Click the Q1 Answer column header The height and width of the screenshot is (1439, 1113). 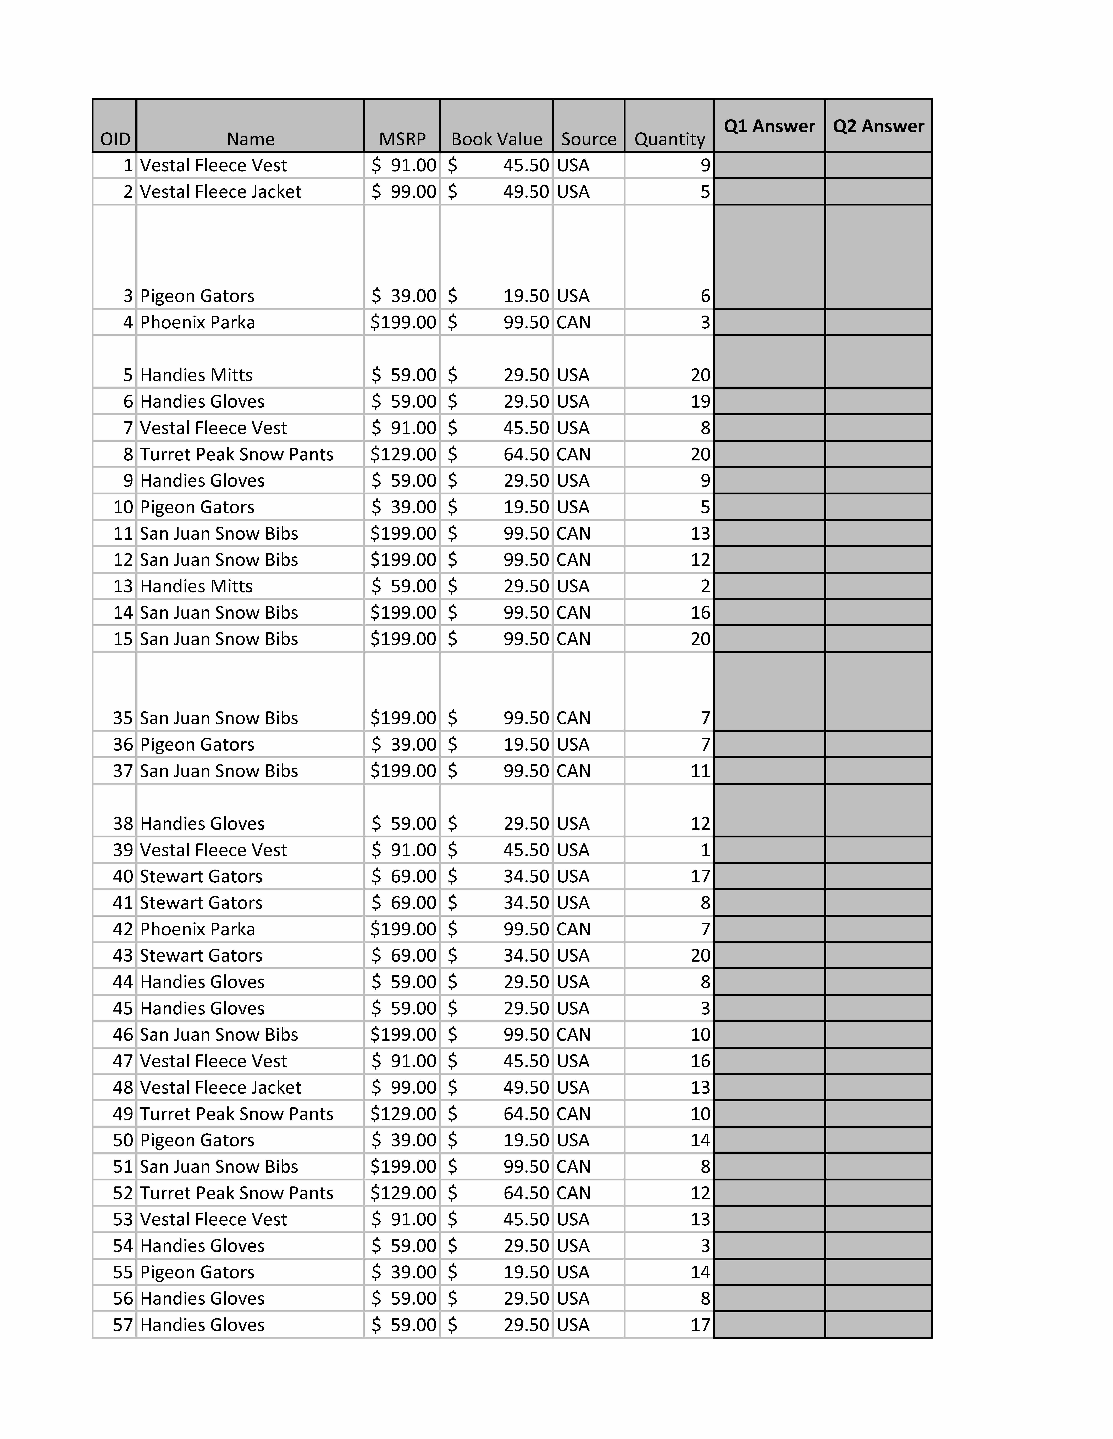(x=769, y=126)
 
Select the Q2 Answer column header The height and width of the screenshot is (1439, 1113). (x=878, y=126)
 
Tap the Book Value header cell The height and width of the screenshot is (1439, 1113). (x=496, y=139)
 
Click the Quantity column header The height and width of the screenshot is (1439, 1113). (x=669, y=139)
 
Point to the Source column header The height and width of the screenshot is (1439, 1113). (x=588, y=139)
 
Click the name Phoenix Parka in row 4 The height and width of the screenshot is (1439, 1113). (x=198, y=322)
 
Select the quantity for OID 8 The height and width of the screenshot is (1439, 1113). (x=700, y=454)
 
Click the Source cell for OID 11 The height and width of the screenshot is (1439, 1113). (x=574, y=533)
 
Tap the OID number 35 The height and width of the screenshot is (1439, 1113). (x=123, y=717)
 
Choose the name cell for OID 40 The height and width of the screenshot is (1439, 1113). (x=201, y=876)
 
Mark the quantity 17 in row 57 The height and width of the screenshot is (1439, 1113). (x=700, y=1324)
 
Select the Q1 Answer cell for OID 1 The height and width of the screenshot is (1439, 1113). (x=769, y=165)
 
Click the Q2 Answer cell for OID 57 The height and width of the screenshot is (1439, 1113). (x=878, y=1324)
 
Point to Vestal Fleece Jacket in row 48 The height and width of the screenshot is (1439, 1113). (x=221, y=1087)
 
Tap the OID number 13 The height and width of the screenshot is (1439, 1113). (x=123, y=586)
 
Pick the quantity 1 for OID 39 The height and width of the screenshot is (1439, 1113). (x=705, y=850)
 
